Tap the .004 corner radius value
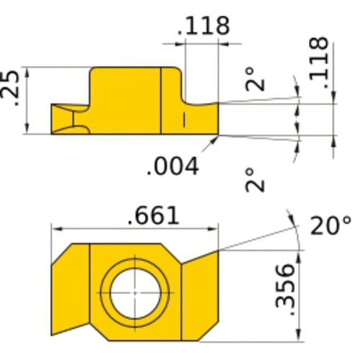pyautogui.click(x=172, y=167)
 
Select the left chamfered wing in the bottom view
pyautogui.click(x=71, y=292)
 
